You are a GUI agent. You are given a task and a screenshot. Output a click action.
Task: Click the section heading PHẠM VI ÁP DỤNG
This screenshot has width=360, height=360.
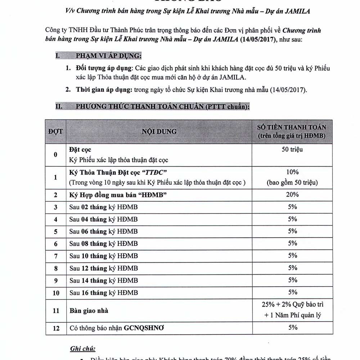click(108, 56)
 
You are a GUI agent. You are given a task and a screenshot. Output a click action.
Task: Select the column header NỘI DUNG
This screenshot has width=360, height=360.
click(159, 131)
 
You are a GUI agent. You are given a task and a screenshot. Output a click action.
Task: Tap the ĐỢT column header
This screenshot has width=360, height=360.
click(55, 131)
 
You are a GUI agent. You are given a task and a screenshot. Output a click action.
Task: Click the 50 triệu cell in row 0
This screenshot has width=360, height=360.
click(292, 149)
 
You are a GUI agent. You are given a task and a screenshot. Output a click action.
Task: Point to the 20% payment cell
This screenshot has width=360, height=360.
click(292, 195)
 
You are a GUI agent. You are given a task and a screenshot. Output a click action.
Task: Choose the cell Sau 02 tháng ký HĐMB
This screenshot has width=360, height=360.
click(104, 207)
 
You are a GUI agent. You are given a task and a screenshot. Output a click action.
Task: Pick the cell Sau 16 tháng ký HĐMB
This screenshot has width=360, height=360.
click(104, 293)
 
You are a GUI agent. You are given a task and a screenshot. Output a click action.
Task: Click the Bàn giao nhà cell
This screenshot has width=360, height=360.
click(89, 310)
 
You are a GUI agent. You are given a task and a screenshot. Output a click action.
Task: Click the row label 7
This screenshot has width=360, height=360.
click(55, 256)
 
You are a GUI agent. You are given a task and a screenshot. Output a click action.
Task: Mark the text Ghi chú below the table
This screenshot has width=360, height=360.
click(82, 348)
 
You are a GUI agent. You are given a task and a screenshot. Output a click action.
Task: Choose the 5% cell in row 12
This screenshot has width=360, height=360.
click(292, 328)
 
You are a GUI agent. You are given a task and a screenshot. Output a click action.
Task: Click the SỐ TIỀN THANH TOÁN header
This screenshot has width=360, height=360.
click(292, 127)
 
